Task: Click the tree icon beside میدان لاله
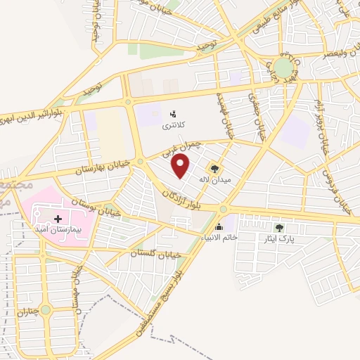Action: (x=214, y=169)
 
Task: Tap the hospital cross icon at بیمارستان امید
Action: (x=58, y=219)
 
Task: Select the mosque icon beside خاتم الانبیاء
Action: (x=219, y=227)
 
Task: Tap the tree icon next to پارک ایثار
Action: (x=279, y=228)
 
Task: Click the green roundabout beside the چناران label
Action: (x=46, y=309)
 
